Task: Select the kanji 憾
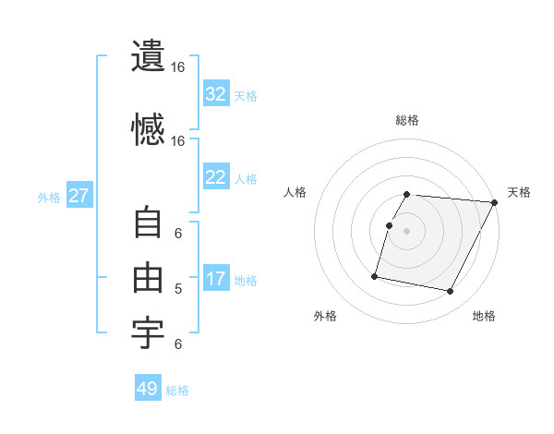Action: (x=148, y=129)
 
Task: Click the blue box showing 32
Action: (x=215, y=94)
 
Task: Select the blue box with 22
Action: (x=215, y=177)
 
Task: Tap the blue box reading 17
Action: (x=215, y=279)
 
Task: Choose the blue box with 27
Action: (x=78, y=196)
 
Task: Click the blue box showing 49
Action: (x=147, y=389)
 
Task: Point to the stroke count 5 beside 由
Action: (x=178, y=289)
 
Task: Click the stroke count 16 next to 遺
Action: (x=178, y=68)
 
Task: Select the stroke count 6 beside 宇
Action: (x=178, y=344)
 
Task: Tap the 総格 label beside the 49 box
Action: (x=177, y=391)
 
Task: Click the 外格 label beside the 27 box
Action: (x=49, y=197)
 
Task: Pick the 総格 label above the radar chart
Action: (x=407, y=120)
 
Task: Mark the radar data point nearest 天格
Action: (x=495, y=202)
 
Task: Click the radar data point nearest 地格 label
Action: (x=451, y=292)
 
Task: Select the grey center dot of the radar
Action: (x=407, y=231)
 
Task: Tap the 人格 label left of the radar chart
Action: (x=295, y=192)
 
